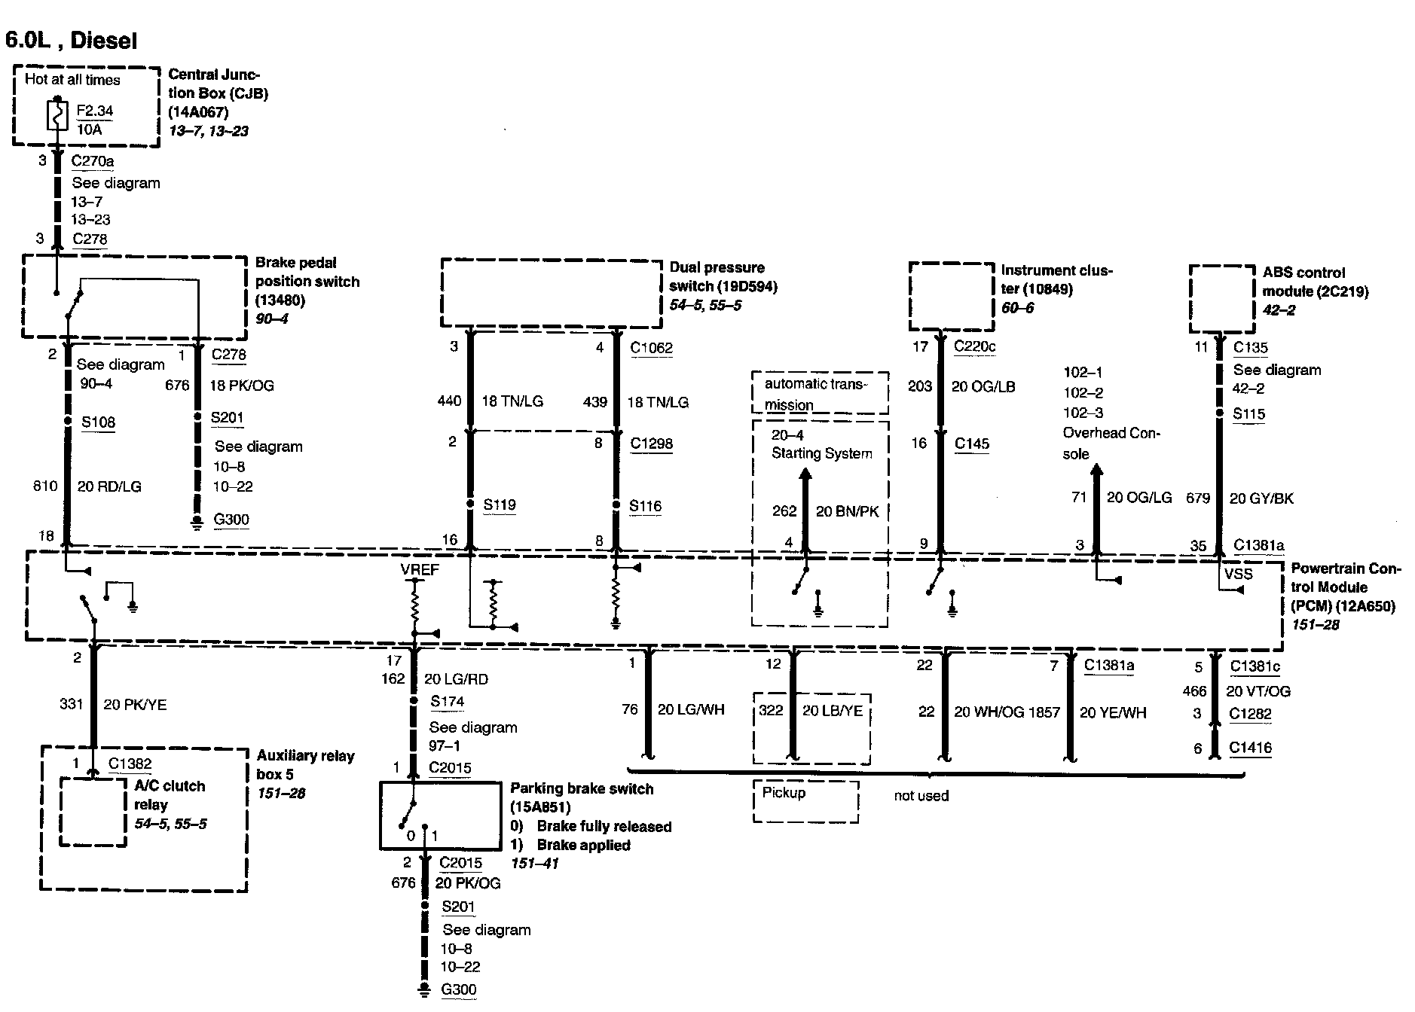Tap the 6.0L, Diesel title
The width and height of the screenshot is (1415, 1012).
pyautogui.click(x=72, y=40)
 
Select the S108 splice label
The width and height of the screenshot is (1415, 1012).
pyautogui.click(x=99, y=422)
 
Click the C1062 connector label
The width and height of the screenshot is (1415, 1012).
pyautogui.click(x=651, y=348)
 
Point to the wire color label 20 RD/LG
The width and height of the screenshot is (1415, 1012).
pyautogui.click(x=109, y=486)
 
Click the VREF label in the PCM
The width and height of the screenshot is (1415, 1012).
pyautogui.click(x=420, y=570)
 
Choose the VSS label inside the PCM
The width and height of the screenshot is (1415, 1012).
pyautogui.click(x=1239, y=574)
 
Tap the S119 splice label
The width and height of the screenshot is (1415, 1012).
pyautogui.click(x=499, y=504)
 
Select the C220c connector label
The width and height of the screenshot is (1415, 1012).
pyautogui.click(x=974, y=346)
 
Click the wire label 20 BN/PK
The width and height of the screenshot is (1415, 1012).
pyautogui.click(x=847, y=511)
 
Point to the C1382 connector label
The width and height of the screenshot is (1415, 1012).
pyautogui.click(x=130, y=764)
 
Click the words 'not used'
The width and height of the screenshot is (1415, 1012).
pyautogui.click(x=921, y=796)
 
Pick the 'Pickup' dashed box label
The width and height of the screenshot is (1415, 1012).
pyautogui.click(x=784, y=793)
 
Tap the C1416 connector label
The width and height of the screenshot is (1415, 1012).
pyautogui.click(x=1250, y=748)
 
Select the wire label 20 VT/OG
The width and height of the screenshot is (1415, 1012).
pyautogui.click(x=1258, y=691)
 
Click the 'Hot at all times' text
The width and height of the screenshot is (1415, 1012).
pyautogui.click(x=72, y=80)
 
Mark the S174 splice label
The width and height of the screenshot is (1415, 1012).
pyautogui.click(x=447, y=702)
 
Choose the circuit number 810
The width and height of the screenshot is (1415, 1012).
pyautogui.click(x=45, y=486)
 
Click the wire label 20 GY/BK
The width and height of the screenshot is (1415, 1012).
pyautogui.click(x=1261, y=498)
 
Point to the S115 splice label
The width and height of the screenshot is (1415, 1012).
pyautogui.click(x=1248, y=413)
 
